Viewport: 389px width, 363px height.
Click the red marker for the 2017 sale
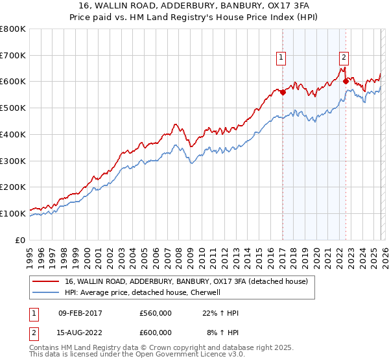click(x=283, y=92)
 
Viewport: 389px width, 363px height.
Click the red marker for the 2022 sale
click(x=346, y=82)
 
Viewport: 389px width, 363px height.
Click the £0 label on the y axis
click(x=20, y=240)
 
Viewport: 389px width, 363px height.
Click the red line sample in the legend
click(x=47, y=281)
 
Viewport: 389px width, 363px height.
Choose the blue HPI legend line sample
click(x=47, y=292)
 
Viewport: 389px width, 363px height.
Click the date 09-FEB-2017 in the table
click(x=80, y=313)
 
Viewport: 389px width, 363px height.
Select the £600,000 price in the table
click(x=156, y=333)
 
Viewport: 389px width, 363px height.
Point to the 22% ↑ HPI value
click(x=220, y=313)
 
